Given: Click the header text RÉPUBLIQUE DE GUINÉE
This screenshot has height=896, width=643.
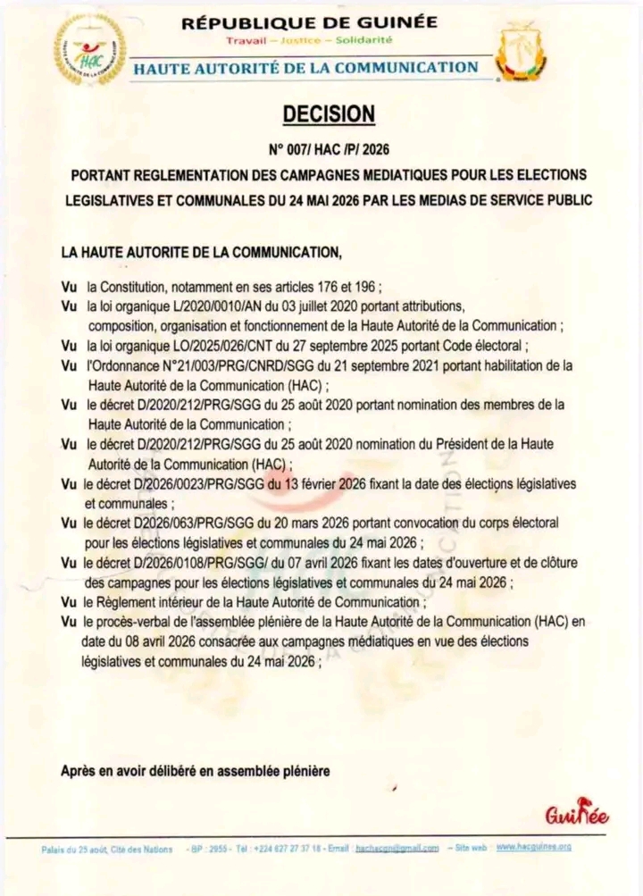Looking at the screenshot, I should click(310, 22).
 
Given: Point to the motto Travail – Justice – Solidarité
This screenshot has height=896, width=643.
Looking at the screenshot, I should click(310, 41).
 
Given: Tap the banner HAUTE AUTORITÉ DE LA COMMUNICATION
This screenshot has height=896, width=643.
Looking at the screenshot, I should click(305, 67).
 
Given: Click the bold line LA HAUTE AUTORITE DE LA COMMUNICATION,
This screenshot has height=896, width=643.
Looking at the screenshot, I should click(201, 253).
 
